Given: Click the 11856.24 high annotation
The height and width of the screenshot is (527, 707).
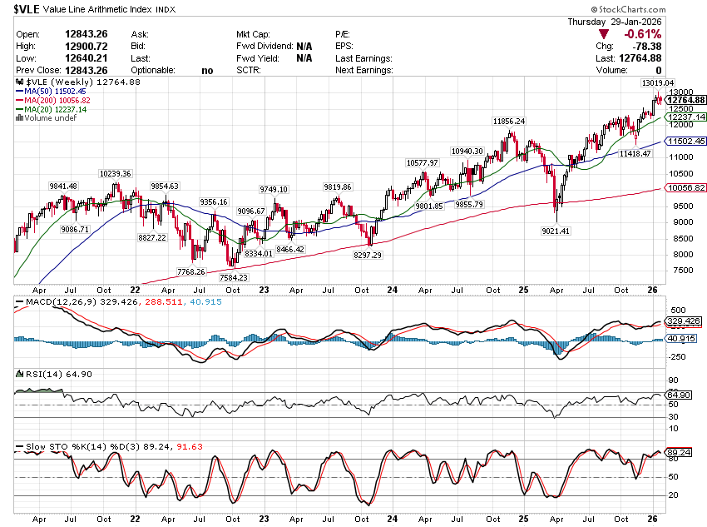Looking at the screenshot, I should pos(509,121).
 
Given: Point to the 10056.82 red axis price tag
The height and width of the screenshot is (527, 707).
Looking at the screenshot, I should pos(686,188).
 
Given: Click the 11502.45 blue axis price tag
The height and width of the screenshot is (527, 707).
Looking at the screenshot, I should pos(686,142).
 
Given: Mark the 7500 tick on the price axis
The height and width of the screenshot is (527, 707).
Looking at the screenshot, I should pos(683,270).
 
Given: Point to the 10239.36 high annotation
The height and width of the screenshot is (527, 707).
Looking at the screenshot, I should pos(115,173).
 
